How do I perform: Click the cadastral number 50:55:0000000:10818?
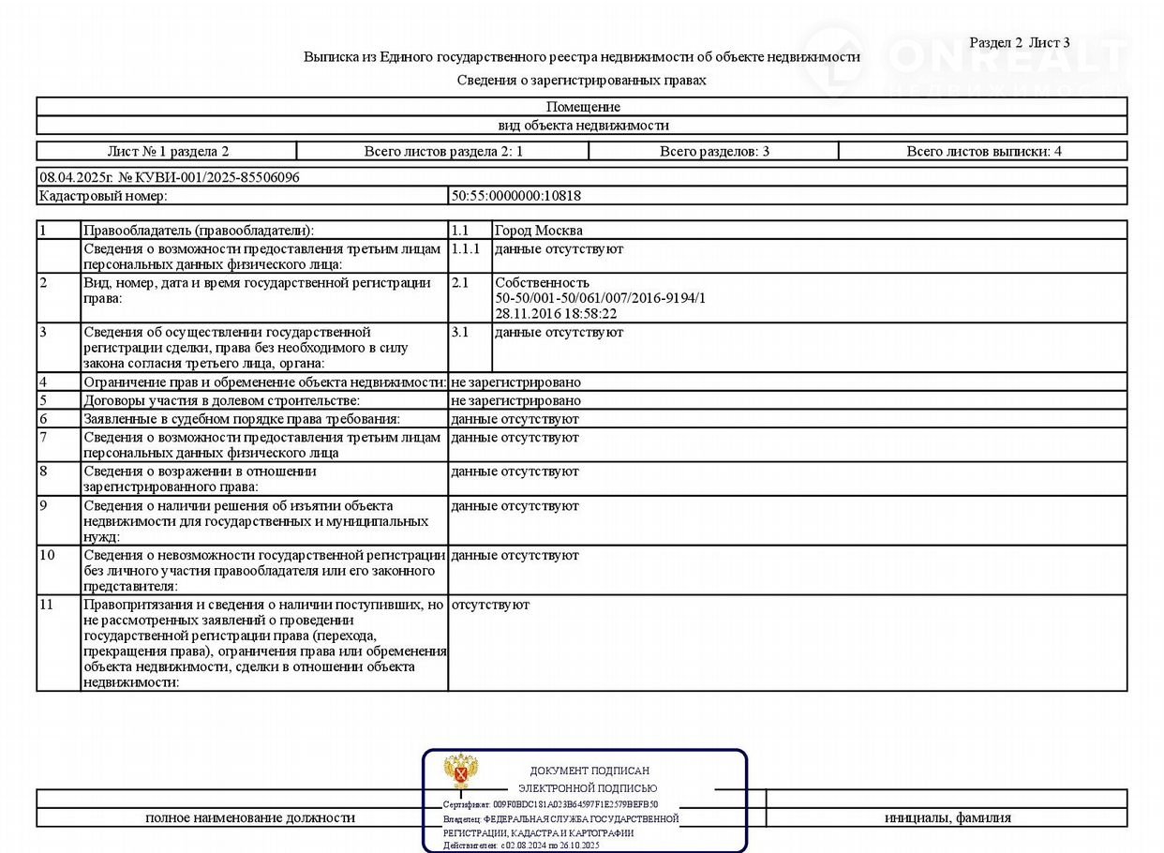coord(516,196)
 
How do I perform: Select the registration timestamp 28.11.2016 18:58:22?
coord(556,314)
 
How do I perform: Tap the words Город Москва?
coord(539,231)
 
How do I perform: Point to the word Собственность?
coord(542,283)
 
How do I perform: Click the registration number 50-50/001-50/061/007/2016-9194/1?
coord(600,298)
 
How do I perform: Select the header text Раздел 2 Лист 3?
coord(1020,42)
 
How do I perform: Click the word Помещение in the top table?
coord(583,107)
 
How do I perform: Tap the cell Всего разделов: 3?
coord(714,151)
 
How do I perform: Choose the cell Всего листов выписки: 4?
coord(983,151)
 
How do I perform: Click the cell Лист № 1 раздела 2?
coord(168,151)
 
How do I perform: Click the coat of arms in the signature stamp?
coord(461,772)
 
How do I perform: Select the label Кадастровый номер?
coord(103,196)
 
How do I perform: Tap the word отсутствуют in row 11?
coord(490,605)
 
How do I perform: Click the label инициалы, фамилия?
coord(948,817)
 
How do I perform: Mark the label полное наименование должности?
coord(250,817)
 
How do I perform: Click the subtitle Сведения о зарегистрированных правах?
coord(581,81)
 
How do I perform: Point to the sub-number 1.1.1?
coord(466,249)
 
